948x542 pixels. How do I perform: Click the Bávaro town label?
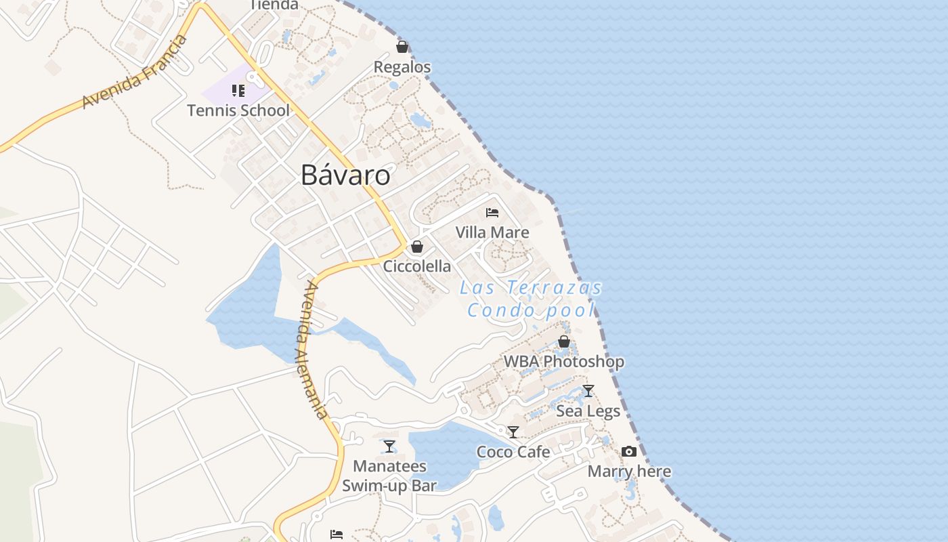345,175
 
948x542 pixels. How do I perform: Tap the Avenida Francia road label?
135,72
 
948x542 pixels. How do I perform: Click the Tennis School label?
238,110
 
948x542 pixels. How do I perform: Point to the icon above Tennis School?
238,91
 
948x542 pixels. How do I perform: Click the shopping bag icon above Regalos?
402,47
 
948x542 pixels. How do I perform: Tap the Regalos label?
402,67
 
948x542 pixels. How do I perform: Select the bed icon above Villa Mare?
492,213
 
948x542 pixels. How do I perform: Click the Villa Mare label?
492,232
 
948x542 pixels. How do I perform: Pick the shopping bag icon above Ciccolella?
417,247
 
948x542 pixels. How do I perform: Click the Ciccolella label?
417,266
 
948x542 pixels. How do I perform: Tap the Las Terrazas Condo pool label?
531,299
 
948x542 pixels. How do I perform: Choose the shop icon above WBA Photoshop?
564,341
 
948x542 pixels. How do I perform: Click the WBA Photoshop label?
564,362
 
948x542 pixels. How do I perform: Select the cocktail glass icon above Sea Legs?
588,391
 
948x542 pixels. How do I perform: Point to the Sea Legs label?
588,411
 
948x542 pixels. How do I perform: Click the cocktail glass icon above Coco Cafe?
513,432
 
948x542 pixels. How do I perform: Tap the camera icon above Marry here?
629,451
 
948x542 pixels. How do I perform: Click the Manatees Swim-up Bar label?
389,476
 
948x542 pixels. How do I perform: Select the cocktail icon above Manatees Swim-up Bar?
389,446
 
